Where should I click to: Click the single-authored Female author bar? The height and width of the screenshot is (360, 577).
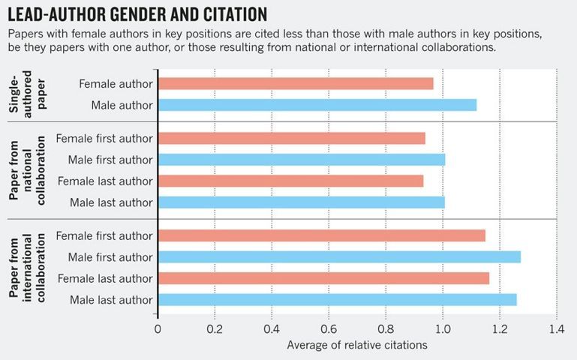pyautogui.click(x=296, y=83)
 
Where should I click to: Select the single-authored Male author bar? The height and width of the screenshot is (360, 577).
pyautogui.click(x=317, y=105)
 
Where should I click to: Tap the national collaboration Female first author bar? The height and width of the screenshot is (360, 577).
pyautogui.click(x=292, y=138)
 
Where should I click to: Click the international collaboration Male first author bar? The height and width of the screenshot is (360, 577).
pyautogui.click(x=339, y=257)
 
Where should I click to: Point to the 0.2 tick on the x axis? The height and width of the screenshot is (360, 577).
pyautogui.click(x=215, y=328)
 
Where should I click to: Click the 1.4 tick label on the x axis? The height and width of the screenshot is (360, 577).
pyautogui.click(x=556, y=328)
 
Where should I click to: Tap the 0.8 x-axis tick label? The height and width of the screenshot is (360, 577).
pyautogui.click(x=386, y=328)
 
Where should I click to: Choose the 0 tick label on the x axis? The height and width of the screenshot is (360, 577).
pyautogui.click(x=158, y=328)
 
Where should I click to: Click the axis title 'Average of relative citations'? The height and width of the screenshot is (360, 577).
pyautogui.click(x=357, y=345)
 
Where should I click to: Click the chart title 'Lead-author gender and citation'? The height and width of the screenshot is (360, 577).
pyautogui.click(x=137, y=14)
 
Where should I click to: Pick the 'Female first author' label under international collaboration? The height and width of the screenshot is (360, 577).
pyautogui.click(x=104, y=236)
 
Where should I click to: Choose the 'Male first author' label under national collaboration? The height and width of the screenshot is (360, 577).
pyautogui.click(x=110, y=159)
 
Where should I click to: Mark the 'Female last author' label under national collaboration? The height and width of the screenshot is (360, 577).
pyautogui.click(x=105, y=181)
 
